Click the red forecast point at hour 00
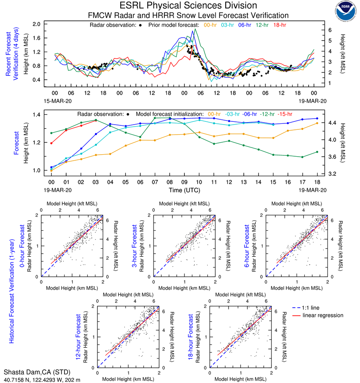(x=51, y=143)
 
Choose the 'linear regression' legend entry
(x=323, y=315)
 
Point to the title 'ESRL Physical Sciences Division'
(x=188, y=6)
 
